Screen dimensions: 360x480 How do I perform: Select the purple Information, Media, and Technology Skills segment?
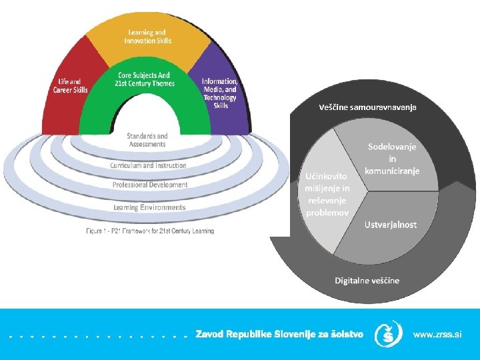point(220,93)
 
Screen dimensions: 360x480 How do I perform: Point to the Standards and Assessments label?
point(147,140)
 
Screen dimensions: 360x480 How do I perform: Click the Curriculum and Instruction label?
point(148,165)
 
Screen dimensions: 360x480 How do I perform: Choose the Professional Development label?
point(150,185)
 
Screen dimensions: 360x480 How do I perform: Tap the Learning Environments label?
point(149,208)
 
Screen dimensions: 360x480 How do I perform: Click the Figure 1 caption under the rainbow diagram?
point(149,231)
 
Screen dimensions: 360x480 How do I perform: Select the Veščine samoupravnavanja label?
point(367,107)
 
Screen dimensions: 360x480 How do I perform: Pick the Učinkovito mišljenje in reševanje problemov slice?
point(327,194)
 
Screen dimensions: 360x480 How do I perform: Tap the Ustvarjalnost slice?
point(391,225)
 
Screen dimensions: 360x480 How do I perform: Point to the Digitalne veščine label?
point(367,280)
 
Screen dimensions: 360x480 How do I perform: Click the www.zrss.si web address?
point(437,334)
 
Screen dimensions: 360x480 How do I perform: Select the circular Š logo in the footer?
point(388,334)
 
